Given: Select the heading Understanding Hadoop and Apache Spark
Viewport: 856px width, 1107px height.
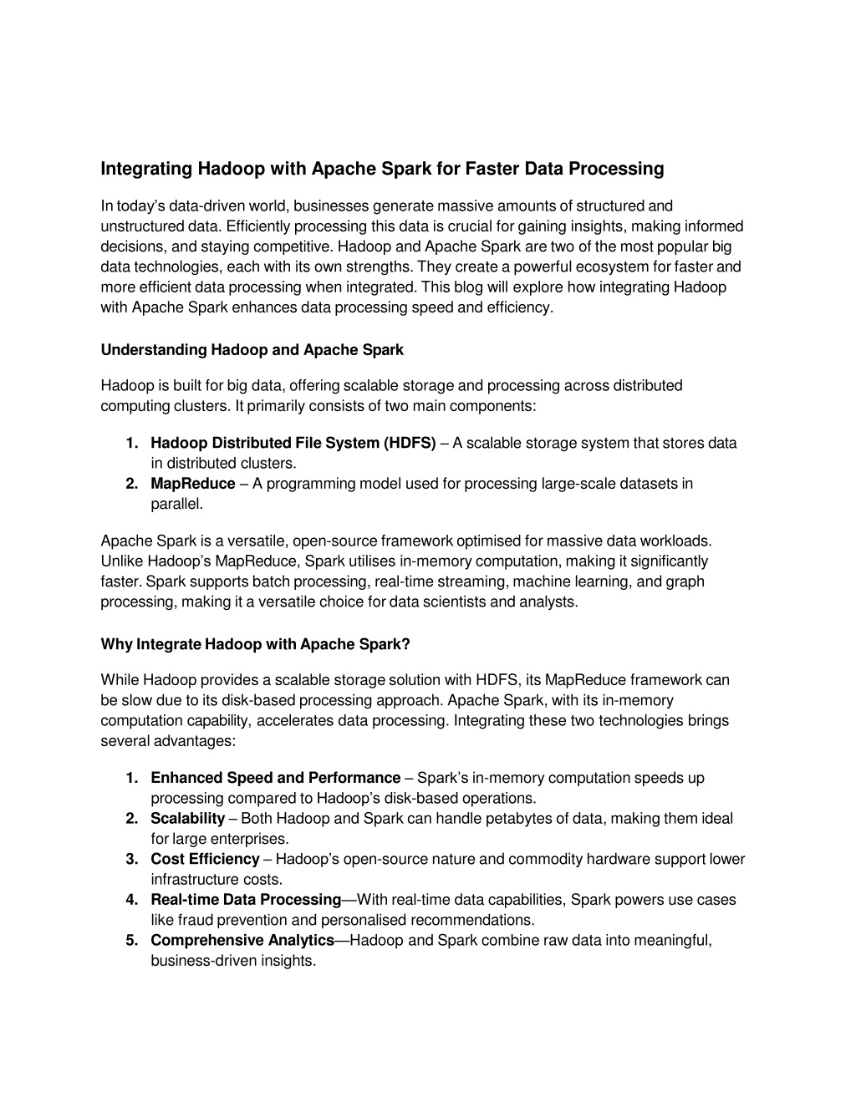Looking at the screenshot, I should (252, 350).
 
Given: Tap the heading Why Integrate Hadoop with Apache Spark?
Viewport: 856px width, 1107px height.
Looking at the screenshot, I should (255, 644).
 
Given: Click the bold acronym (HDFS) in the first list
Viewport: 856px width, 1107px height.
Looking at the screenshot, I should (410, 443).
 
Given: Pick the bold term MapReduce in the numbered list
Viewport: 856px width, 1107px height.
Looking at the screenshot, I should (192, 484).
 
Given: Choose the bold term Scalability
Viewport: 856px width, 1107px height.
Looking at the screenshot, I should (187, 819).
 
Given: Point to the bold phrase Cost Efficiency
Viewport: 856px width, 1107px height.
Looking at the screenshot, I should (205, 859).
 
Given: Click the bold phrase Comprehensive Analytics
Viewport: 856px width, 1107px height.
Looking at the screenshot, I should (242, 941).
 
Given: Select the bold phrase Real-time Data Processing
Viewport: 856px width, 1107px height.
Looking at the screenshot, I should (245, 900).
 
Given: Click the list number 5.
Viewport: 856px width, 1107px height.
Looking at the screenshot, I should (131, 941).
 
